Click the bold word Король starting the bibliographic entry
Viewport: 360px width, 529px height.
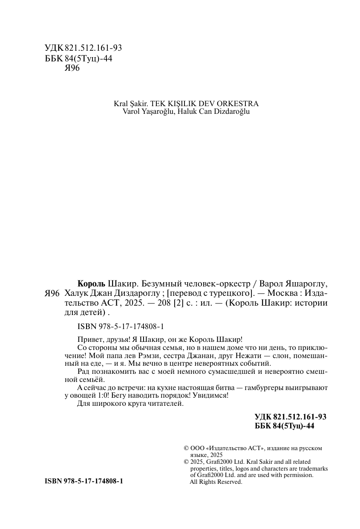(92, 284)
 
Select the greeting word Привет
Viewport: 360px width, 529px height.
(90, 339)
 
